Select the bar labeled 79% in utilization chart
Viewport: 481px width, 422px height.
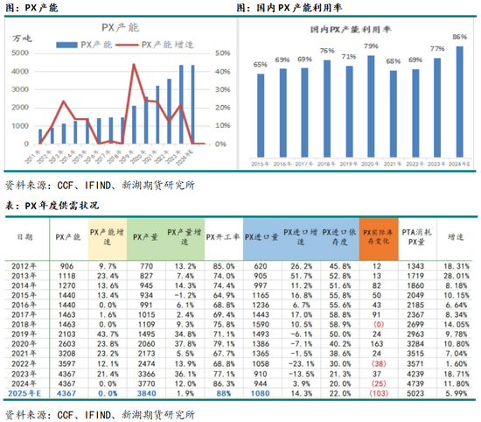point(371,104)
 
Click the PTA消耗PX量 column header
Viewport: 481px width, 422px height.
point(415,236)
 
